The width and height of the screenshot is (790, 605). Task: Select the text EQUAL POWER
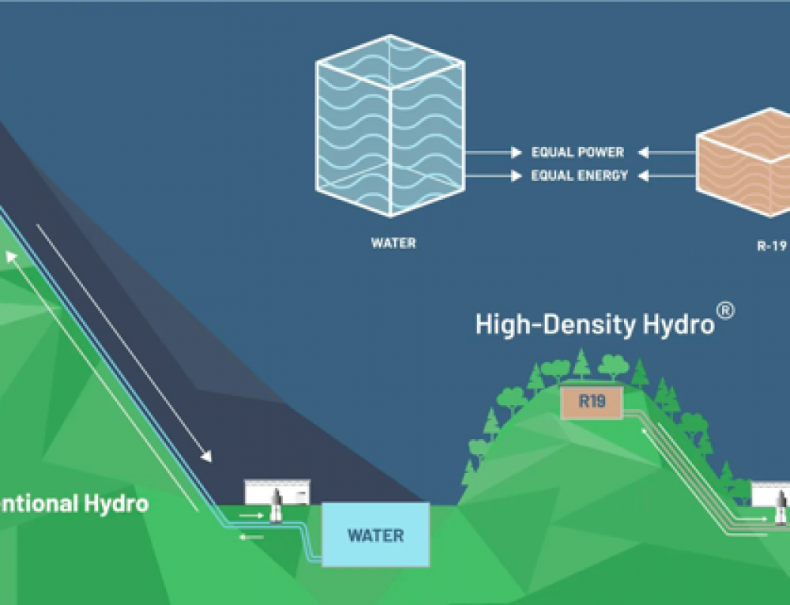(x=577, y=152)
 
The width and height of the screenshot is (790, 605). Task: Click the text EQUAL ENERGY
(x=579, y=175)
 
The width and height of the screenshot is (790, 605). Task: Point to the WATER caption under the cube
(x=393, y=243)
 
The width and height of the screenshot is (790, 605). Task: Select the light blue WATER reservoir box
(x=375, y=535)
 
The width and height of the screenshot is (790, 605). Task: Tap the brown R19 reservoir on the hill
(x=591, y=401)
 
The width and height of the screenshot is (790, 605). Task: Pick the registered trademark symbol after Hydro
(x=725, y=311)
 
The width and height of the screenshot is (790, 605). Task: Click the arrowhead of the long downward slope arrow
(x=208, y=457)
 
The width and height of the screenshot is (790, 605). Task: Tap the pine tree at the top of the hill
(x=581, y=363)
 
